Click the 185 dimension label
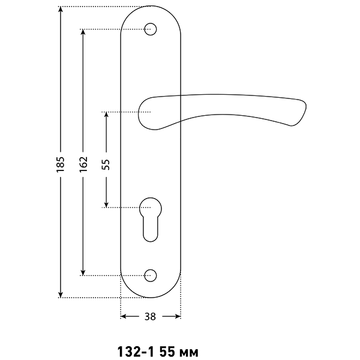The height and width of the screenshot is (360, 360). point(60,164)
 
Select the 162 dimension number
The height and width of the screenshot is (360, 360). point(83,164)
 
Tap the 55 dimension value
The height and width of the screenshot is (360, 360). point(106,164)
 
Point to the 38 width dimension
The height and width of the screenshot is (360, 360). point(151,317)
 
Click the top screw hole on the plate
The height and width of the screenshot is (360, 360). point(151,29)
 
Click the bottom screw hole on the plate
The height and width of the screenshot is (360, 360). point(151,275)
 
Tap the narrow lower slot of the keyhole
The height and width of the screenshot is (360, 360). point(151,230)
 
